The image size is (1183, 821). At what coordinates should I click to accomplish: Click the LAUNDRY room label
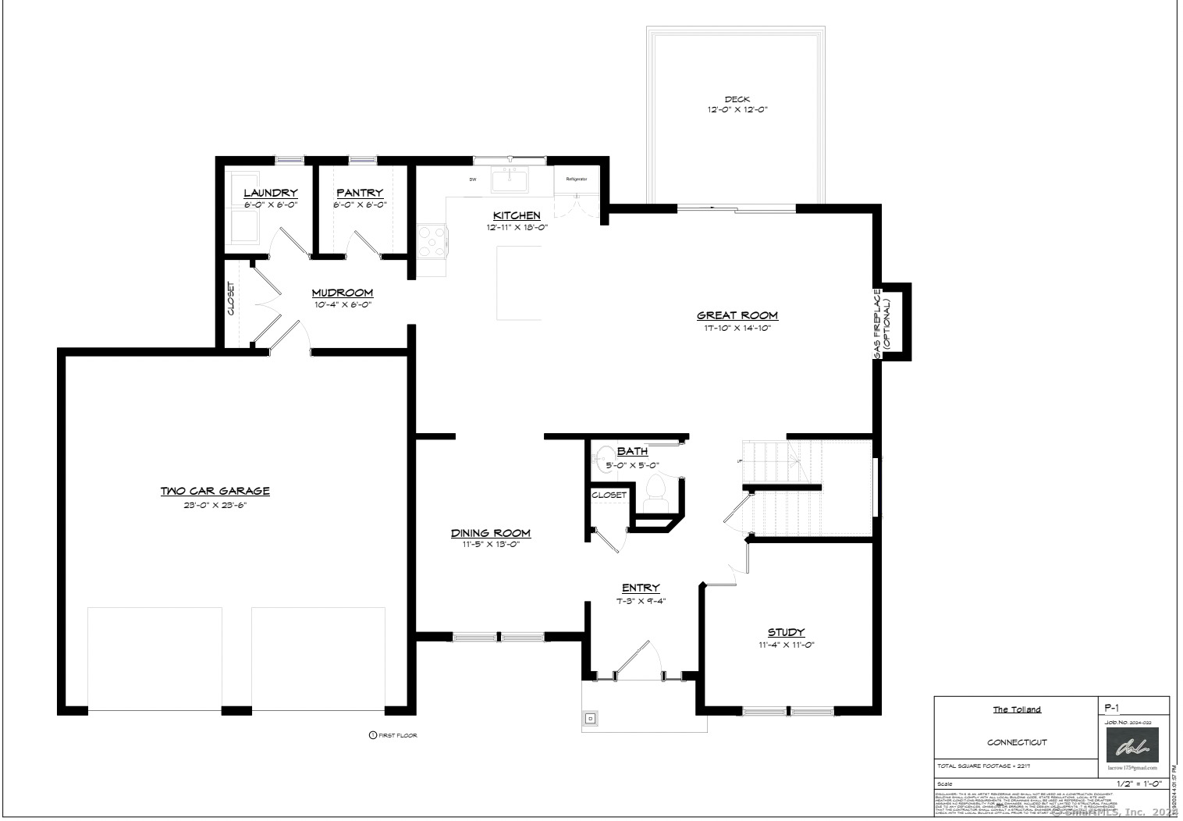tap(270, 193)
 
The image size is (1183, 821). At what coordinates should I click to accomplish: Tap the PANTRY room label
tap(360, 193)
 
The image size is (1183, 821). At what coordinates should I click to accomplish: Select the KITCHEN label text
tap(517, 215)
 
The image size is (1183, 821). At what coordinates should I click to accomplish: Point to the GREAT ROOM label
tap(737, 315)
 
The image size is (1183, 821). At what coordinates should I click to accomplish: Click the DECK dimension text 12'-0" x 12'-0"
tap(736, 110)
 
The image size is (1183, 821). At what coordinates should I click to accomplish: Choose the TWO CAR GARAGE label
tap(215, 491)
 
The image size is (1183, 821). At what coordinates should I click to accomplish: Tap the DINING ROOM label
tap(490, 533)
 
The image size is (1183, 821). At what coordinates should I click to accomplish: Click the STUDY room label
tap(786, 632)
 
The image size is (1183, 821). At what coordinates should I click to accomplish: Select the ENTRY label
tap(641, 588)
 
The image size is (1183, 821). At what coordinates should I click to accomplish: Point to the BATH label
tap(632, 451)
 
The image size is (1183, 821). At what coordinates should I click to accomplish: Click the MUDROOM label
tap(343, 293)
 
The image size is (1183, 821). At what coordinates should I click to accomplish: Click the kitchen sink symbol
tap(510, 179)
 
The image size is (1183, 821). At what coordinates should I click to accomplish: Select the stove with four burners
tap(432, 240)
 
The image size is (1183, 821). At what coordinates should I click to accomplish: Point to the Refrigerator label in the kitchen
tap(576, 179)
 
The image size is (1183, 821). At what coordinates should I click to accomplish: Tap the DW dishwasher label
tap(473, 179)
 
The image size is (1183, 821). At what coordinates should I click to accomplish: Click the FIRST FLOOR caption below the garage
tap(397, 735)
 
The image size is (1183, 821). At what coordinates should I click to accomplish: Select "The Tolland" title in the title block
tap(1016, 709)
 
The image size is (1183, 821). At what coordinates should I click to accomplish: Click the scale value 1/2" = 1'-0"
tap(1139, 784)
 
